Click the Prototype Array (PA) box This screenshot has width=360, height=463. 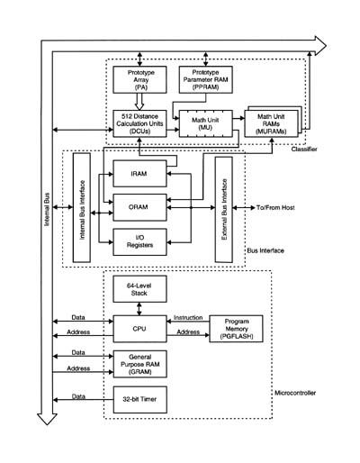tap(139, 79)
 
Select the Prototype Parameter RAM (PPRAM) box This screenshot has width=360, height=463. tap(206, 79)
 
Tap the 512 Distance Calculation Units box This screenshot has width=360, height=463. tap(139, 123)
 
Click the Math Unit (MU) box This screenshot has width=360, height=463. tap(206, 123)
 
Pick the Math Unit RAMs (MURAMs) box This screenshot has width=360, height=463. tap(271, 123)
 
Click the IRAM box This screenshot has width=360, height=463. tap(139, 174)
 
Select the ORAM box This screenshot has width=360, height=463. tap(139, 207)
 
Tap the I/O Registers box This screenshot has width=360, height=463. tap(139, 242)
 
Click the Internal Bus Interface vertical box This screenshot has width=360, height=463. tap(82, 208)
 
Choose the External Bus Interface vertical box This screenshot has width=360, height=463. tap(224, 210)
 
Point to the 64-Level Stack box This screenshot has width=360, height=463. tap(139, 289)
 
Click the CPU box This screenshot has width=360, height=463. tap(139, 329)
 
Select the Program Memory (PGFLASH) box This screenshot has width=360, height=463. tap(236, 329)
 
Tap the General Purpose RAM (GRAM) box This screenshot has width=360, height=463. tap(139, 364)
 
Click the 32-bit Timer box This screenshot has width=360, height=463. tap(139, 400)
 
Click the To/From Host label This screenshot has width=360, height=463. tap(275, 207)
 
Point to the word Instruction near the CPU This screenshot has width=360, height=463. tap(188, 317)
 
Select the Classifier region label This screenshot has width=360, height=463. tap(304, 149)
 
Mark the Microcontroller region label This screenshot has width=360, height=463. tap(295, 393)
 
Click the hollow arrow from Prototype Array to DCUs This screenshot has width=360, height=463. tap(139, 102)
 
